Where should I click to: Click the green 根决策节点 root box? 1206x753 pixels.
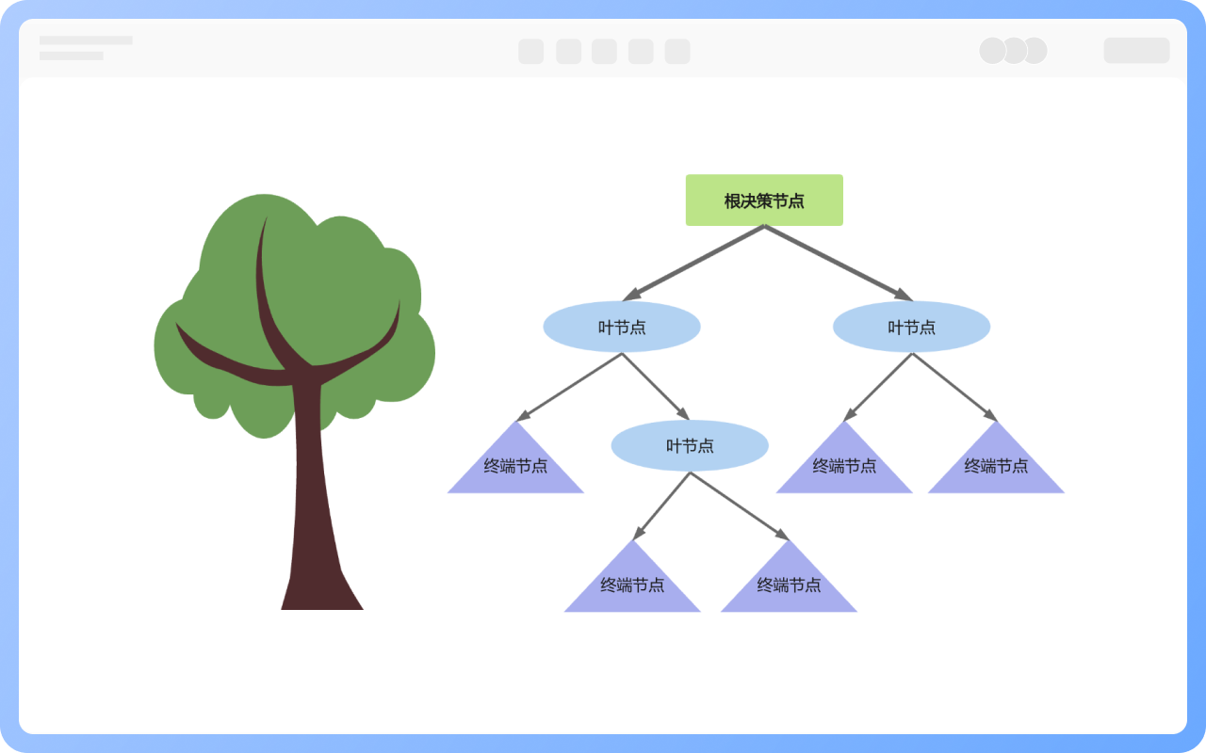click(764, 200)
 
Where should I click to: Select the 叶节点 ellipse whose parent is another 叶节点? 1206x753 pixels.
click(690, 445)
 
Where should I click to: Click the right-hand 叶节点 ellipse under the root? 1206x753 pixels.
click(911, 327)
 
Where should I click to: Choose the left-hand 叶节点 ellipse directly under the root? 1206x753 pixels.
click(622, 327)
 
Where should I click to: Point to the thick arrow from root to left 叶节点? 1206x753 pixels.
click(693, 263)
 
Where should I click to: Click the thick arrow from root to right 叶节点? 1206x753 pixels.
click(838, 263)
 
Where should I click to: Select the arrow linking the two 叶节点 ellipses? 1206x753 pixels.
click(656, 387)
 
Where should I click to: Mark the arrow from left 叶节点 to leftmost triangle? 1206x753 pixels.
click(569, 387)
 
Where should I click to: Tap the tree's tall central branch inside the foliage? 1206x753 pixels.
click(266, 292)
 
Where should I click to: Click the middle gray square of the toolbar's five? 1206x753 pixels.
click(604, 52)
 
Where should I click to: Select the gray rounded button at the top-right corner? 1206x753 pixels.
click(1136, 51)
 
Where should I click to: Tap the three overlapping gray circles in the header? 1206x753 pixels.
click(1013, 51)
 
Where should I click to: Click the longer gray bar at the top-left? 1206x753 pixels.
click(86, 40)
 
